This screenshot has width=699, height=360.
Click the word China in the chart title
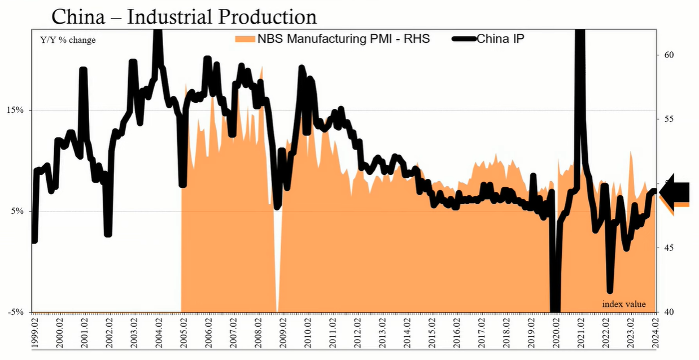point(78,16)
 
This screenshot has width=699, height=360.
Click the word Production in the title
point(268,16)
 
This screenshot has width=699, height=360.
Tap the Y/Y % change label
point(68,40)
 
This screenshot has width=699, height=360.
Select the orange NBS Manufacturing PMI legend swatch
point(245,39)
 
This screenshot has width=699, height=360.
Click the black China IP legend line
point(464,39)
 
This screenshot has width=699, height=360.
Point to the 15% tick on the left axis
point(15,110)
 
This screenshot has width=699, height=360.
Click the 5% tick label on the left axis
point(17,211)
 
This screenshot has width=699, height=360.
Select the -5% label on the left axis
point(16,312)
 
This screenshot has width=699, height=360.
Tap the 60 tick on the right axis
point(669,55)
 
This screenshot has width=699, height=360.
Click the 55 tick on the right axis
point(669,119)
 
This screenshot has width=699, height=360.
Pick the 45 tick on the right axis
point(669,248)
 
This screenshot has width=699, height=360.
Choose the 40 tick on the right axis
point(669,312)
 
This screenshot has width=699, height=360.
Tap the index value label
point(624,304)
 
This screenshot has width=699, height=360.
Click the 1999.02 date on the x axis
point(34,333)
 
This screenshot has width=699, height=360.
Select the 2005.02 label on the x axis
point(184,333)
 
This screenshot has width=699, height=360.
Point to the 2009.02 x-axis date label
point(283,333)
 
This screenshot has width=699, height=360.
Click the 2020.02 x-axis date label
point(556,333)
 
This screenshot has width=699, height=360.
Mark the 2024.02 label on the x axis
point(655,333)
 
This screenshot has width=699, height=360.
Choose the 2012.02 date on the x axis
point(357,333)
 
